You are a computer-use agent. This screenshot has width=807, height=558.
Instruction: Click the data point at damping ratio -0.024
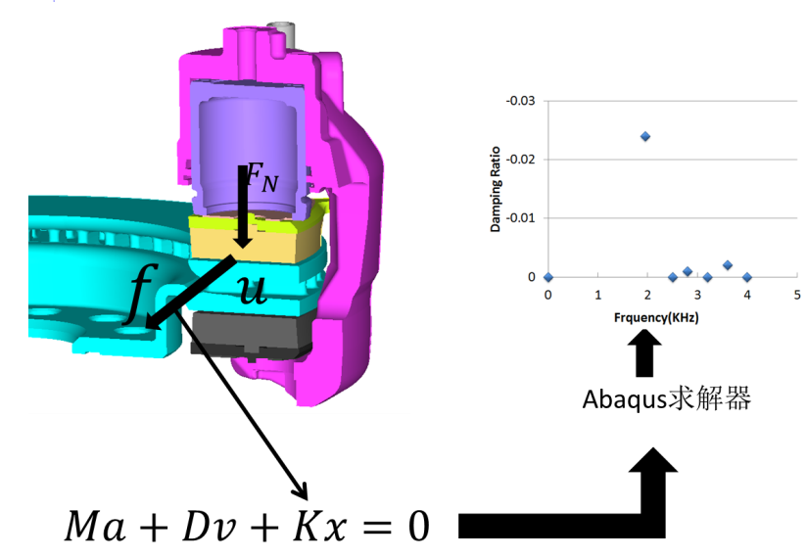[644, 136]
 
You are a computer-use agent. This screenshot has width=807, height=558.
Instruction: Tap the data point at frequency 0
[548, 277]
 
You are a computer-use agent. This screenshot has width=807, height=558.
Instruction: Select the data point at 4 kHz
[747, 277]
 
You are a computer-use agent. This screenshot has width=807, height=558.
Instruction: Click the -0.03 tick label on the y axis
[520, 101]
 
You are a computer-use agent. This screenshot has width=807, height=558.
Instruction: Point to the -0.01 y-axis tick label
[520, 218]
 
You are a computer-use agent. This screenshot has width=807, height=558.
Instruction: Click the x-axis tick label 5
[796, 295]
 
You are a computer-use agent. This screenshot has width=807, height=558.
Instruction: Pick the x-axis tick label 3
[697, 295]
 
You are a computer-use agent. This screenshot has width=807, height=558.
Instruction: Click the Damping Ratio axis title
[496, 189]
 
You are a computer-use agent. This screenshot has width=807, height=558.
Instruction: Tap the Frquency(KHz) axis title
[656, 317]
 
